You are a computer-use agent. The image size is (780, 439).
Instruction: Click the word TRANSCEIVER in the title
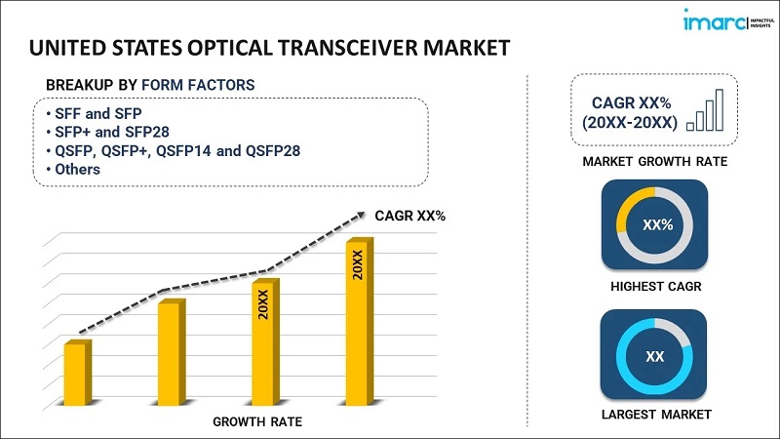(323, 47)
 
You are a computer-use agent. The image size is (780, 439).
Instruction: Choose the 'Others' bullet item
(77, 169)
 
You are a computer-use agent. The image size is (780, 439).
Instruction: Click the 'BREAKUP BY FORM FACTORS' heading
(150, 86)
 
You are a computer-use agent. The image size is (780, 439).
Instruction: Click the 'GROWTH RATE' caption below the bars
(257, 421)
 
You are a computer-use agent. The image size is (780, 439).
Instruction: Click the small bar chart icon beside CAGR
(705, 110)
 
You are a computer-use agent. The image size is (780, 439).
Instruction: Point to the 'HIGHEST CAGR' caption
(655, 287)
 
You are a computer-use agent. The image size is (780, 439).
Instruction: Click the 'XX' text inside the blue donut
(655, 357)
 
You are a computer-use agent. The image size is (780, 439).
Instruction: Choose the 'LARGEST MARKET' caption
(655, 415)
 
